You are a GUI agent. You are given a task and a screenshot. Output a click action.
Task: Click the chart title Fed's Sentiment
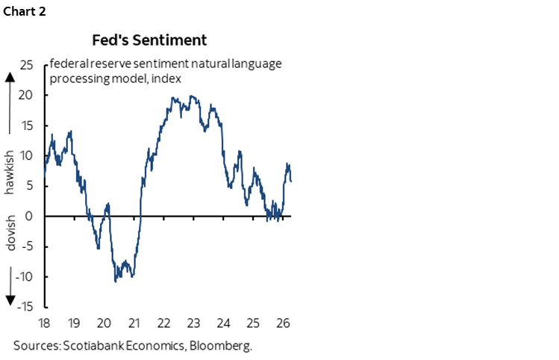[x=149, y=40]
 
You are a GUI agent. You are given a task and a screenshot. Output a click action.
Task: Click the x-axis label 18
[x=45, y=323]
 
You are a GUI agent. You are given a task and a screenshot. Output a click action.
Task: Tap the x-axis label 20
[x=105, y=323]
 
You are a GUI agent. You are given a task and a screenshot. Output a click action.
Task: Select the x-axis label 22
[x=166, y=323]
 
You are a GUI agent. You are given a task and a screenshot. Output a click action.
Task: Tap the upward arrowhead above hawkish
[x=10, y=77]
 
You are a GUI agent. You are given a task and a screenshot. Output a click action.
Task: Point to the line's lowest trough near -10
[x=116, y=281]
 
